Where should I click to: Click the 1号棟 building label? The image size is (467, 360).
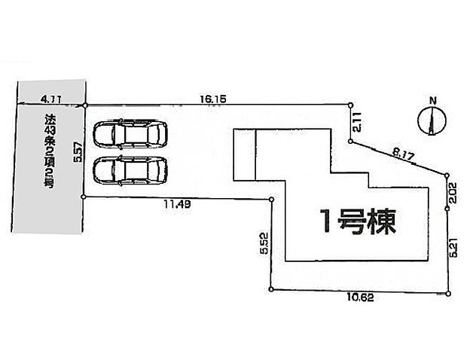(x=355, y=221)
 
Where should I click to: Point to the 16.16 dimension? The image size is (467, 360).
(x=212, y=98)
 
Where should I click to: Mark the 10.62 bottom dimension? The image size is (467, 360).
(x=362, y=298)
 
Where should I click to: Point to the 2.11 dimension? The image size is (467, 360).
(x=359, y=120)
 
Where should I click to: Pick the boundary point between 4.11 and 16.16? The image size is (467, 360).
(x=85, y=105)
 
